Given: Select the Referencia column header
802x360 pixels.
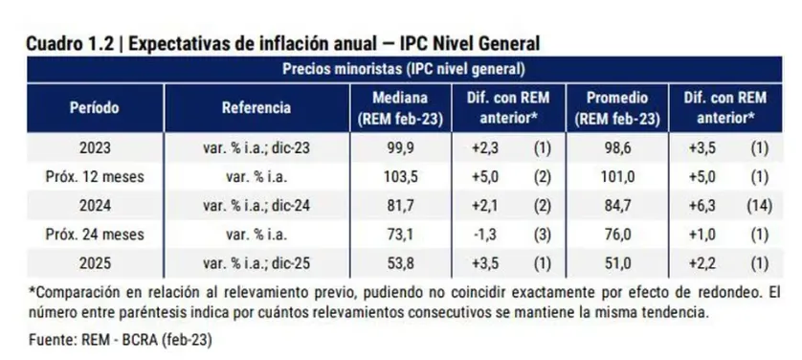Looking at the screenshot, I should [x=256, y=107].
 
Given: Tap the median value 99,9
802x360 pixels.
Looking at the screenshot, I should [x=403, y=148].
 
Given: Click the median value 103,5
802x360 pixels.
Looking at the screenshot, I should [x=403, y=177].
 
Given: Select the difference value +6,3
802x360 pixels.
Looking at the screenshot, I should [x=700, y=205].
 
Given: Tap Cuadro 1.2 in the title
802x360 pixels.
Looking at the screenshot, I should [x=70, y=43].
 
